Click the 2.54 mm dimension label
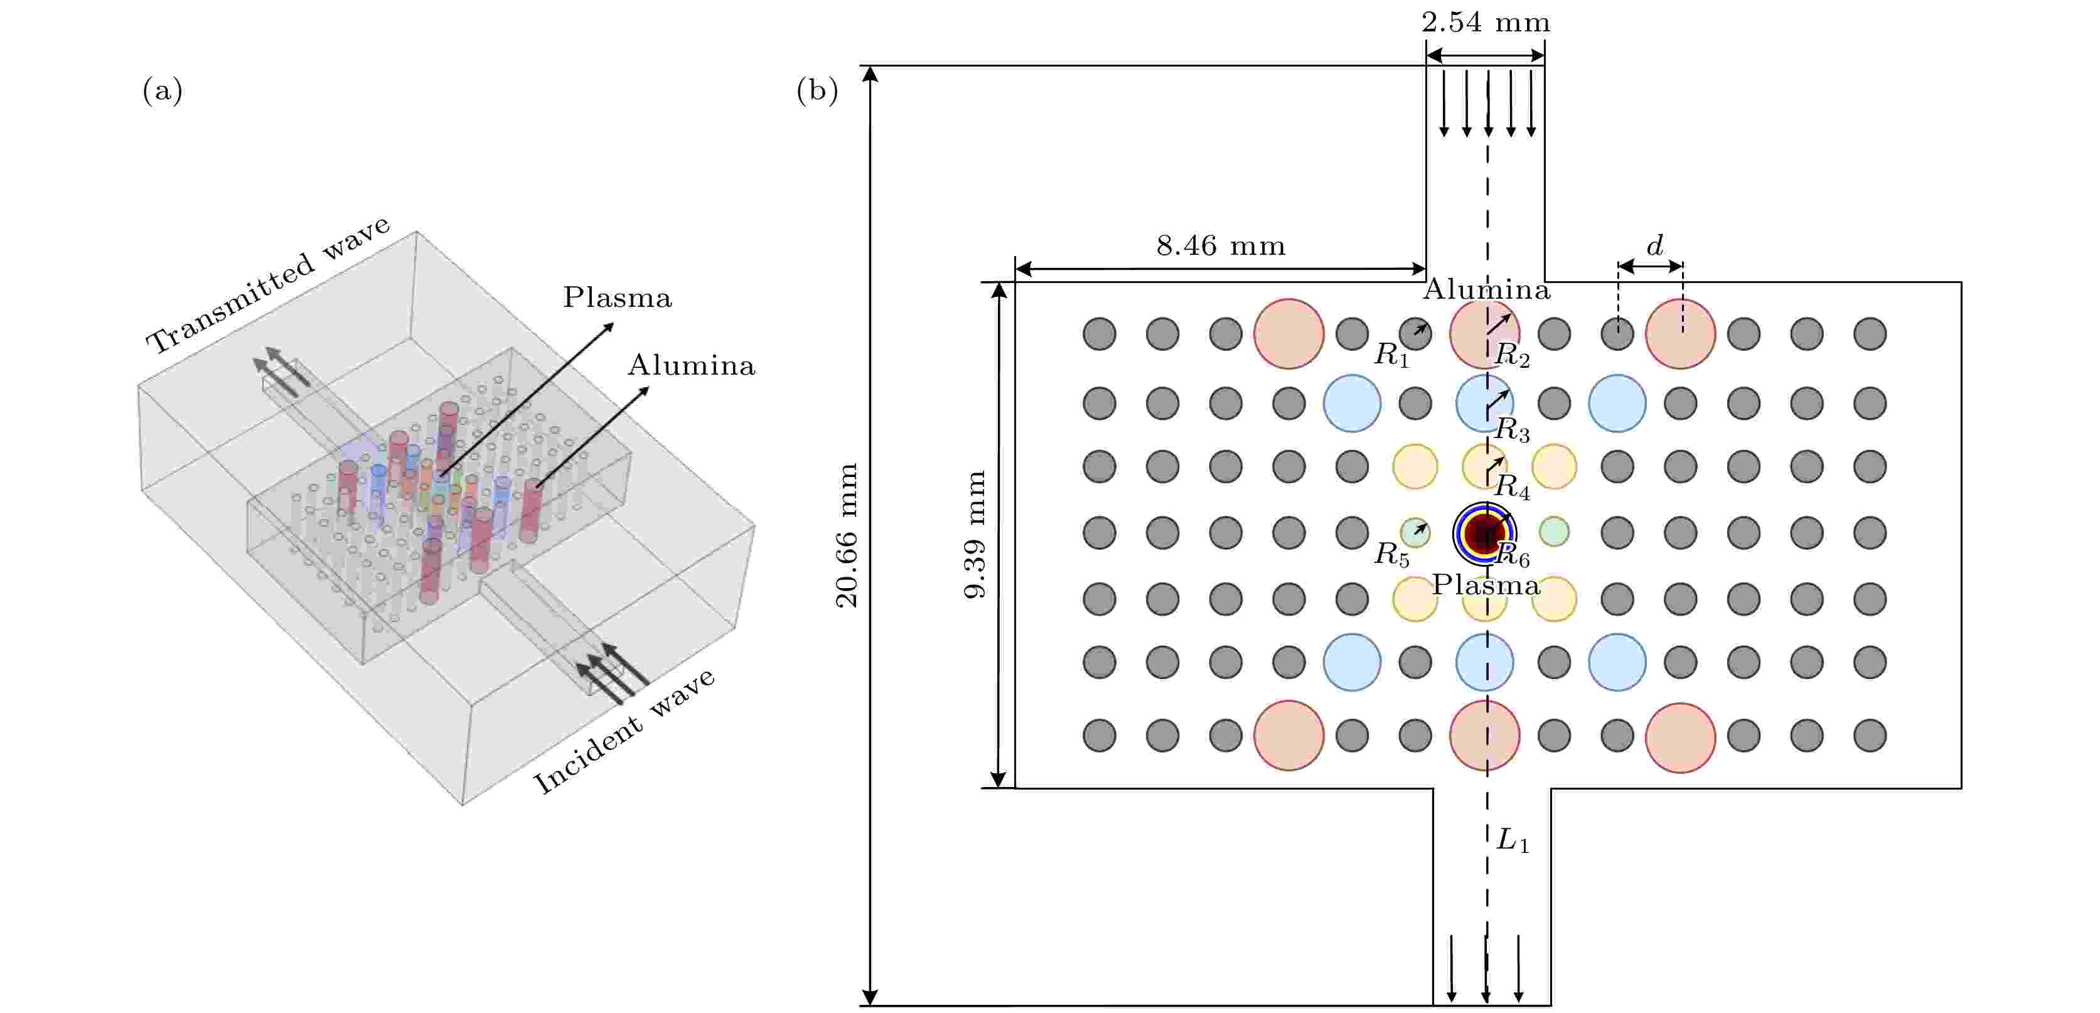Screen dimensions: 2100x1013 1486,22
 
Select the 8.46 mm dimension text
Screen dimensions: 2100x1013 1220,245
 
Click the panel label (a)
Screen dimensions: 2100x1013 162,90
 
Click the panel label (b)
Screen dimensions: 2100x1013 817,90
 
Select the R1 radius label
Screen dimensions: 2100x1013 1391,355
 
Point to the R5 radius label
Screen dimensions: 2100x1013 1391,555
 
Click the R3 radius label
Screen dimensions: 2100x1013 1511,431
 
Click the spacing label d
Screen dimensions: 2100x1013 1654,245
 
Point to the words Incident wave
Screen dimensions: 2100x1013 624,731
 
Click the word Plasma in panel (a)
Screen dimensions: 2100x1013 617,297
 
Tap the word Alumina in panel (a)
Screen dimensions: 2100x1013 691,365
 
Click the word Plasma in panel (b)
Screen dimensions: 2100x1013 1486,585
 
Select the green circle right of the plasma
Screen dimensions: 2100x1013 1554,532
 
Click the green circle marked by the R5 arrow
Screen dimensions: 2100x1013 1415,532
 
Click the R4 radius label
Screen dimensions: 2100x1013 1511,487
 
